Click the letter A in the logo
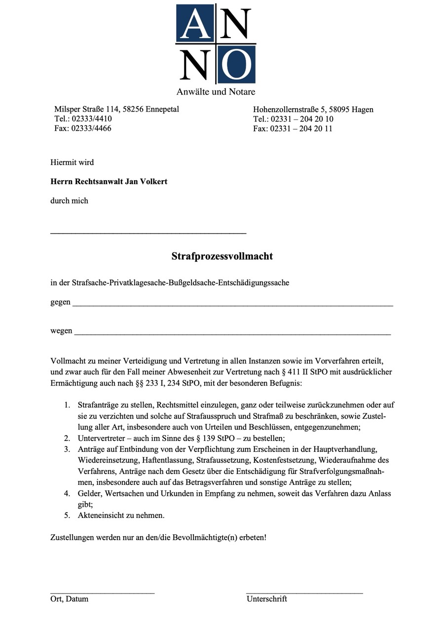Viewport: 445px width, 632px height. click(195, 23)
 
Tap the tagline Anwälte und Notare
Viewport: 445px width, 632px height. click(216, 92)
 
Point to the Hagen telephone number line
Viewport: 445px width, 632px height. click(293, 119)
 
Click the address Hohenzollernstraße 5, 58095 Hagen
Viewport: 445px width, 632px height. click(313, 110)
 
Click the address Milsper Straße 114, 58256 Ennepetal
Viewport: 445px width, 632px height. click(116, 109)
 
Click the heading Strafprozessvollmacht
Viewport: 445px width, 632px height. click(222, 256)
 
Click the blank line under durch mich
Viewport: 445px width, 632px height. click(148, 233)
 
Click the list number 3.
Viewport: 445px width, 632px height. click(67, 449)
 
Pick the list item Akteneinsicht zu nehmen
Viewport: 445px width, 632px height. click(121, 515)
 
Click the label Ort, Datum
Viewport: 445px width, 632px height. click(70, 599)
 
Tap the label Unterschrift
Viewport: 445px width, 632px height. click(266, 599)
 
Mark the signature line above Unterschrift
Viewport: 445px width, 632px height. click(304, 592)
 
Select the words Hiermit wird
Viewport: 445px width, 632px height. click(72, 162)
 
